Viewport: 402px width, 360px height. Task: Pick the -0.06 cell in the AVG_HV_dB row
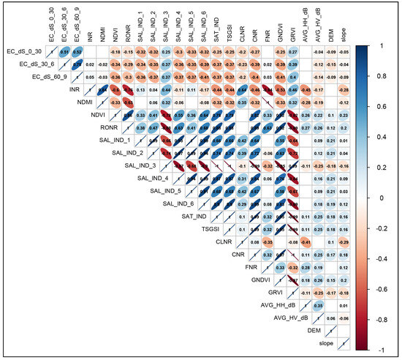tap(344, 318)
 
